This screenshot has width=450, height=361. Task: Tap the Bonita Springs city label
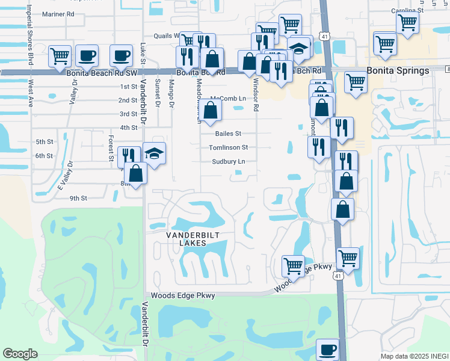[399, 70]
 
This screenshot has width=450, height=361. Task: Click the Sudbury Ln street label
[228, 162]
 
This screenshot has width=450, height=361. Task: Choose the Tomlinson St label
[228, 147]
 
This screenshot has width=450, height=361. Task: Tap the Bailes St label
[228, 134]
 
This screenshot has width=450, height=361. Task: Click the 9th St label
[78, 198]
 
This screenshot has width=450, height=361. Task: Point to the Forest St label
[111, 149]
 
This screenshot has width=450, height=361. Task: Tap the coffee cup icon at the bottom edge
[328, 349]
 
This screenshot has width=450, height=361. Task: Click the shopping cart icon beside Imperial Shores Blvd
[60, 56]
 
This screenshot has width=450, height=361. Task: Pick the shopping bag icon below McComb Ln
[211, 110]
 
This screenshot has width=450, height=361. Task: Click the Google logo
[20, 354]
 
